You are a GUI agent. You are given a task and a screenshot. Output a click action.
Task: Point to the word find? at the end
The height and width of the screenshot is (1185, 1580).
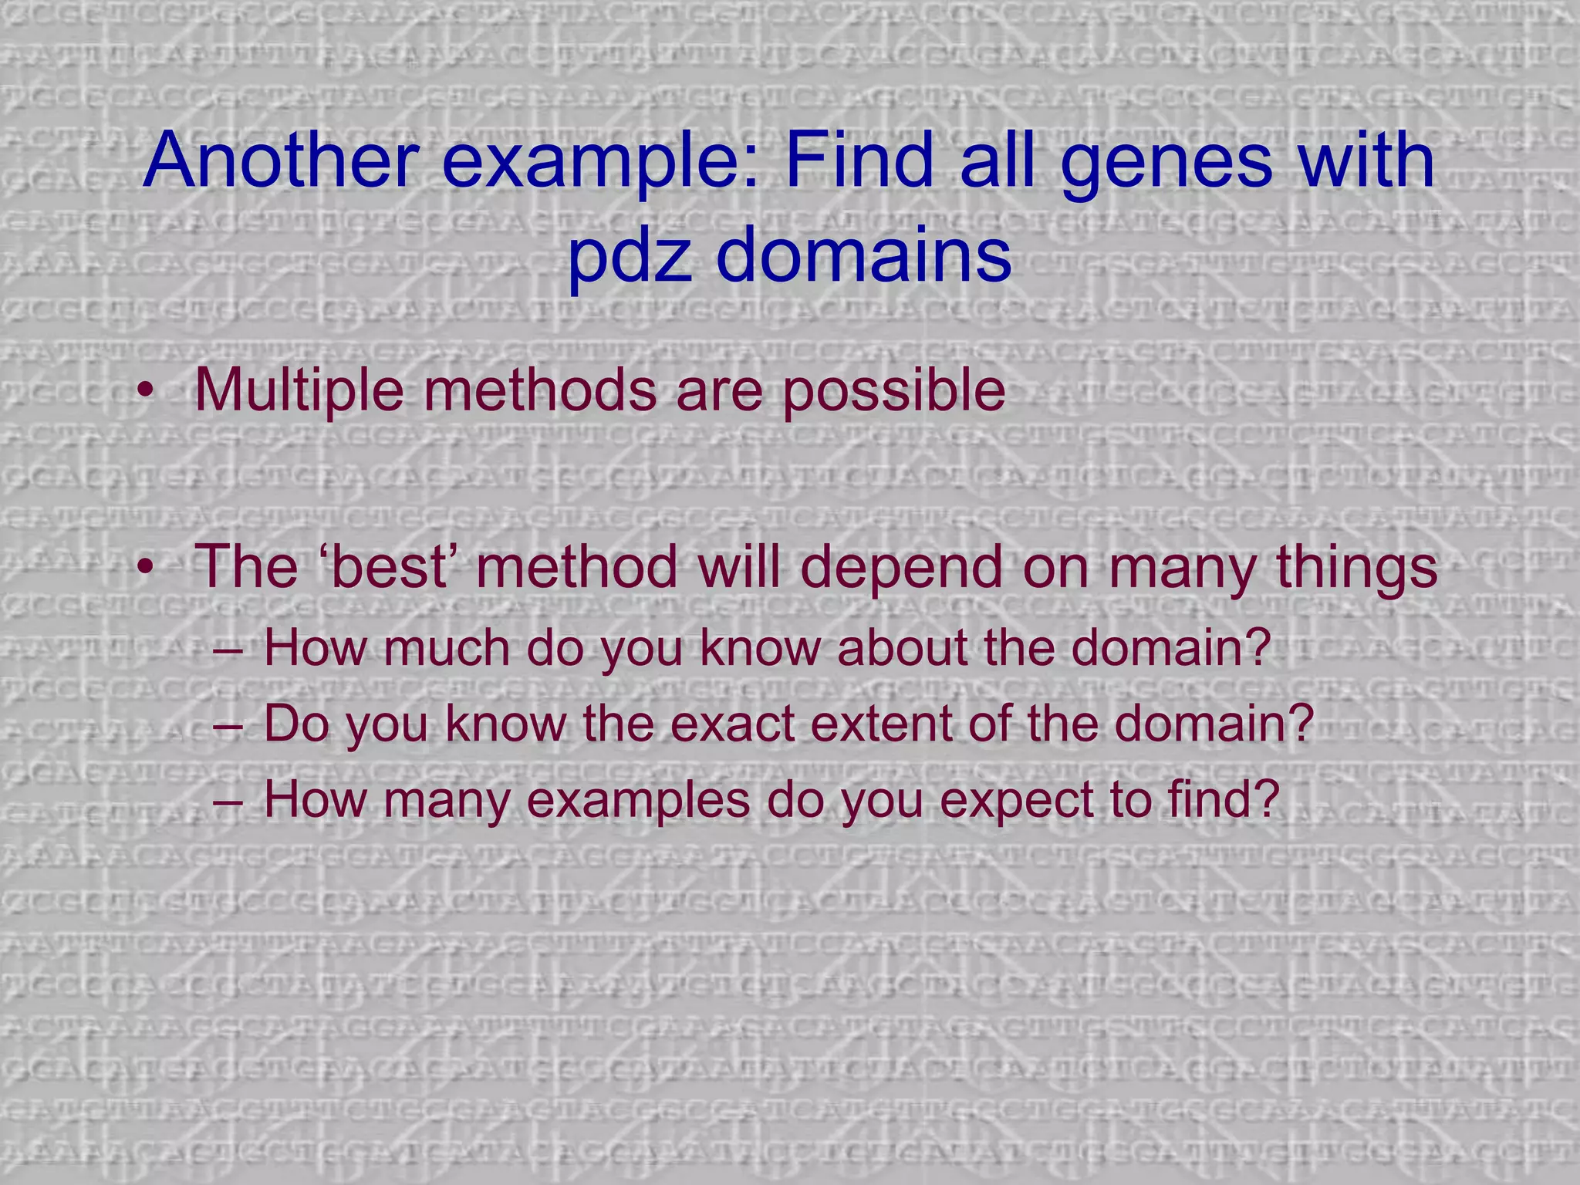[1224, 799]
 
